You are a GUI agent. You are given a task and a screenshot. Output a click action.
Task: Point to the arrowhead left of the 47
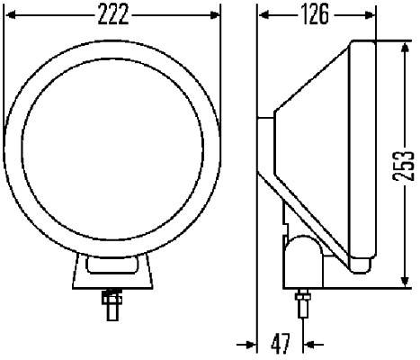click(x=250, y=343)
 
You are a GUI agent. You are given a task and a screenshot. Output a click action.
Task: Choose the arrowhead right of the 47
click(x=310, y=343)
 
